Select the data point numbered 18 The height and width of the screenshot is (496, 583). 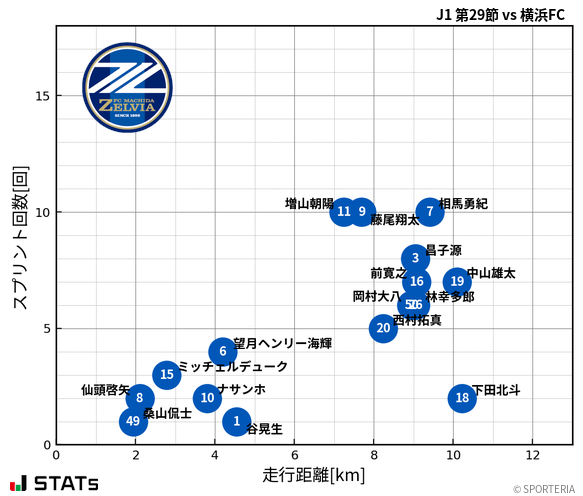[462, 398]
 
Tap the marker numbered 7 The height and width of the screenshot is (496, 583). [430, 211]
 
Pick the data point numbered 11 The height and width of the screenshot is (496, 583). [344, 211]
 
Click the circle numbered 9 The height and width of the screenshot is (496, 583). [362, 211]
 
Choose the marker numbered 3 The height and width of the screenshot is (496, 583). [415, 258]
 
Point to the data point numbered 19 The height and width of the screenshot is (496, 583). [457, 281]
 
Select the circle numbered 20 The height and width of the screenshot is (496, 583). [383, 328]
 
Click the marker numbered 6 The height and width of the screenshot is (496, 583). [223, 351]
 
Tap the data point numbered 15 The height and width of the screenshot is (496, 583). [167, 375]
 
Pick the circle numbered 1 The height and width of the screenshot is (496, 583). [236, 421]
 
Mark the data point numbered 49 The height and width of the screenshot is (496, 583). [133, 421]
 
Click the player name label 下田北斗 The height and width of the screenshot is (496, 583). [496, 390]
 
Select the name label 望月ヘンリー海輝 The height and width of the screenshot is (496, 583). [282, 343]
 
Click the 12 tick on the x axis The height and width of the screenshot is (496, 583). [532, 456]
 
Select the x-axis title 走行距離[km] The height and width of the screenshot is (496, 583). [314, 474]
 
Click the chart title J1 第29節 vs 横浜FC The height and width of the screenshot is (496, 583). [500, 14]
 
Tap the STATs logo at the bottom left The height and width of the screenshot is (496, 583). [54, 484]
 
